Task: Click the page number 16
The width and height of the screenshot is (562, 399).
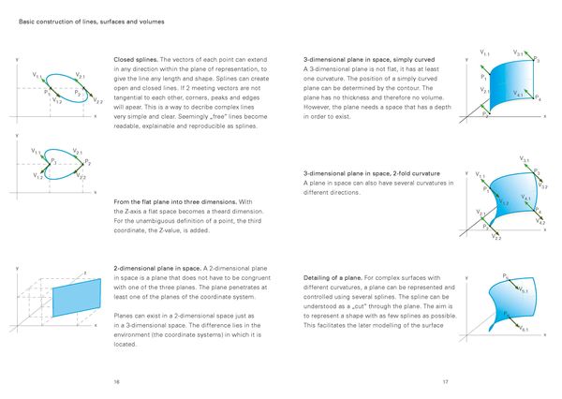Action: [116, 382]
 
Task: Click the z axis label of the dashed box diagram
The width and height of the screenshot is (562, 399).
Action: [85, 273]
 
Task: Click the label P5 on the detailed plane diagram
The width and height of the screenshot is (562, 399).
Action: [506, 275]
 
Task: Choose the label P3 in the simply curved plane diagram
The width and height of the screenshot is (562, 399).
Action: [535, 60]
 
